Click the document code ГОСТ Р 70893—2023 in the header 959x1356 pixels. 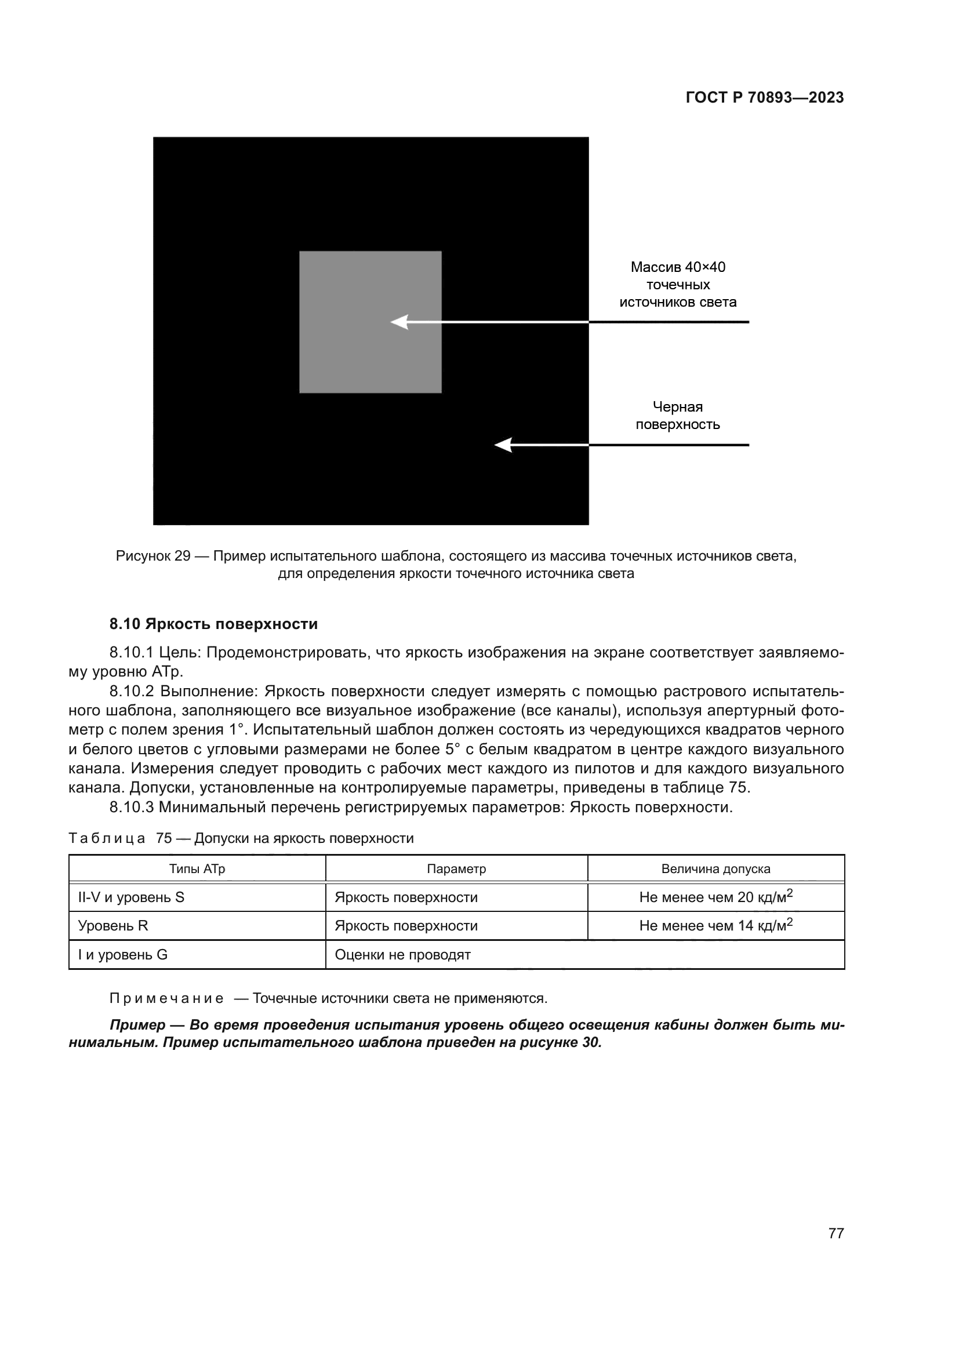tap(765, 98)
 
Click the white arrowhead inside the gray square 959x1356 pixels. tap(400, 322)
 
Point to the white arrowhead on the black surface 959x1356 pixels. tap(503, 445)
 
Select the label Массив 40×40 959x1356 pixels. tap(677, 267)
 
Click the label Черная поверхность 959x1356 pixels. tap(677, 416)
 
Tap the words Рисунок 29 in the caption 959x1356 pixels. tap(153, 557)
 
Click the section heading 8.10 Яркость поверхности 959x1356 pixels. tap(214, 624)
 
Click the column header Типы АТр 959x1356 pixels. tap(197, 870)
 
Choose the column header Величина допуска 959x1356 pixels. tap(715, 870)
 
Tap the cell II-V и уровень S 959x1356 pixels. tap(131, 897)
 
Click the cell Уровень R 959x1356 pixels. tap(113, 926)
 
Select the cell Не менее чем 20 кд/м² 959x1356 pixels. tap(715, 897)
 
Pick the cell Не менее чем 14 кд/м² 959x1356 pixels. tap(715, 926)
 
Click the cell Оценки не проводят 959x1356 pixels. tap(403, 955)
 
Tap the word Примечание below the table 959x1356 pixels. tap(166, 999)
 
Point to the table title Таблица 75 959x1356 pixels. tap(119, 839)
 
